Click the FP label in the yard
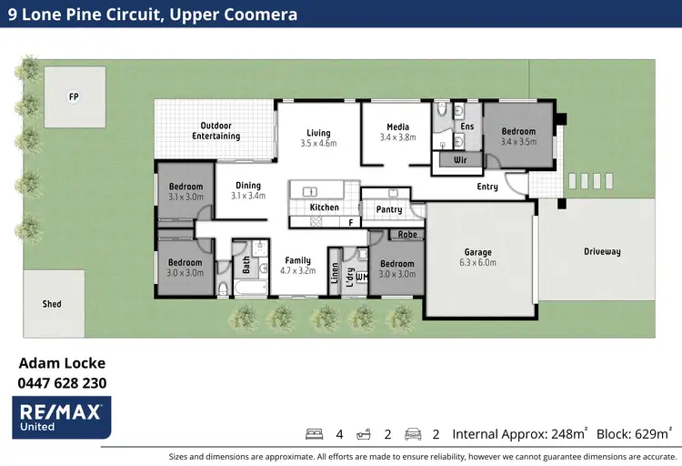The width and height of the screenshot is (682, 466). [x=74, y=96]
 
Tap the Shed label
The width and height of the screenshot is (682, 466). [x=52, y=303]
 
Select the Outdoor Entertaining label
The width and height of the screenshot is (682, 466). [x=216, y=131]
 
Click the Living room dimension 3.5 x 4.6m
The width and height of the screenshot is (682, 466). [x=318, y=144]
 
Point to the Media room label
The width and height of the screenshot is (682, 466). [x=397, y=127]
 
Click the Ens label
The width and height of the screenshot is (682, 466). [x=467, y=126]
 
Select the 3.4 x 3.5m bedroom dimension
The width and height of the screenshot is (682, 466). [x=519, y=142]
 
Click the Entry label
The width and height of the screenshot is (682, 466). [x=487, y=187]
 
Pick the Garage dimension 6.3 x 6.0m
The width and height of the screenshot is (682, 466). [x=478, y=263]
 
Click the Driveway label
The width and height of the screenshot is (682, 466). [x=603, y=251]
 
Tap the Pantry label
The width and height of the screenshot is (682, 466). [x=389, y=209]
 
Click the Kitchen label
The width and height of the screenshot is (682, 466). [x=325, y=208]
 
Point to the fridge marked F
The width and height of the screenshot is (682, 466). [x=350, y=221]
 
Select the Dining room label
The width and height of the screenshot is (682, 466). [x=248, y=186]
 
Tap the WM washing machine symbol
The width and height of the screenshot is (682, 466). [x=360, y=277]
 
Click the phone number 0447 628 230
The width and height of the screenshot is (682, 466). [x=62, y=383]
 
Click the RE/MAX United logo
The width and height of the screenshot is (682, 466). [x=63, y=415]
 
